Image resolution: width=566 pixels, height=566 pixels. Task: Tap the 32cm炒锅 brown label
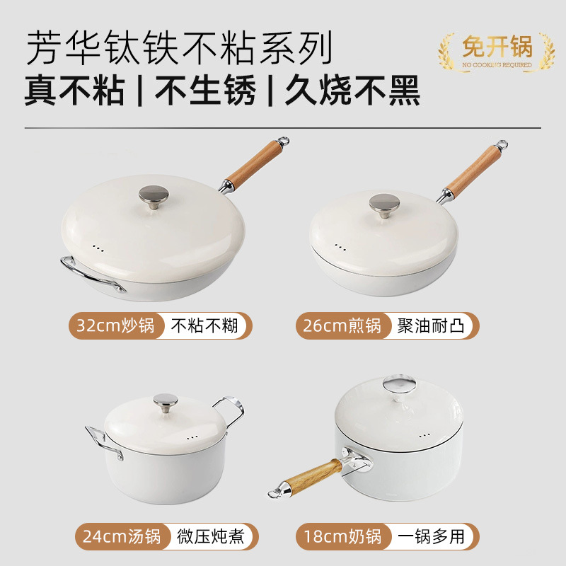tap(116, 326)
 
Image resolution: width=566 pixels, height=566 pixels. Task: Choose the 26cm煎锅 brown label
tap(342, 326)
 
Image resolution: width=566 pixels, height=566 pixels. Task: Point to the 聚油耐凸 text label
tap(432, 326)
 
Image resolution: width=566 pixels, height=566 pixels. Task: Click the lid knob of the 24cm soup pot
tap(167, 403)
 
